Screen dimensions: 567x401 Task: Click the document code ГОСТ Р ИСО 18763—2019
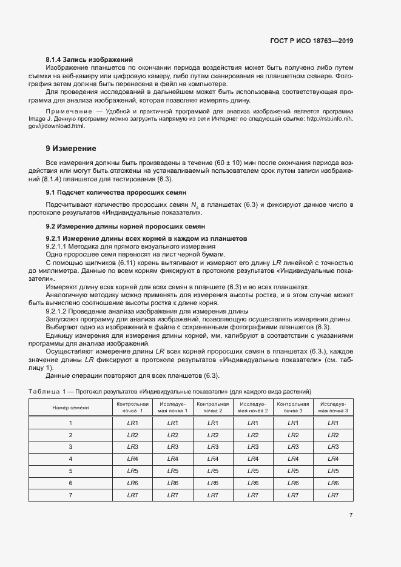(312, 41)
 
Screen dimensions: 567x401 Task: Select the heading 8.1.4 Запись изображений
(89, 59)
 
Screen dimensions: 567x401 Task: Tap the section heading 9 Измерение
(70, 149)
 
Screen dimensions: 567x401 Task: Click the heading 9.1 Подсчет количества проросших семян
(111, 192)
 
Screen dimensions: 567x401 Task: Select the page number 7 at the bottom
(351, 515)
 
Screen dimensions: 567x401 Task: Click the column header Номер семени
(70, 408)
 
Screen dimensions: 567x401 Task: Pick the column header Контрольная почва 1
(132, 408)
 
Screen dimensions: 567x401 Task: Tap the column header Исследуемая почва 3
(332, 408)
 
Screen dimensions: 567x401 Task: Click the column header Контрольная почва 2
(212, 408)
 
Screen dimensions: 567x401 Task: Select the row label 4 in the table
(70, 458)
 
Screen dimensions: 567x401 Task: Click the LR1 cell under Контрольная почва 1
(132, 423)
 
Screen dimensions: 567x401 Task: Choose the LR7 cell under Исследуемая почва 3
(332, 495)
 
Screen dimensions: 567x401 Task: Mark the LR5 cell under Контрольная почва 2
(212, 471)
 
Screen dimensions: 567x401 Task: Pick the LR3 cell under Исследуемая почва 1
(172, 446)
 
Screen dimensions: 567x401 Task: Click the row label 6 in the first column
(70, 483)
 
